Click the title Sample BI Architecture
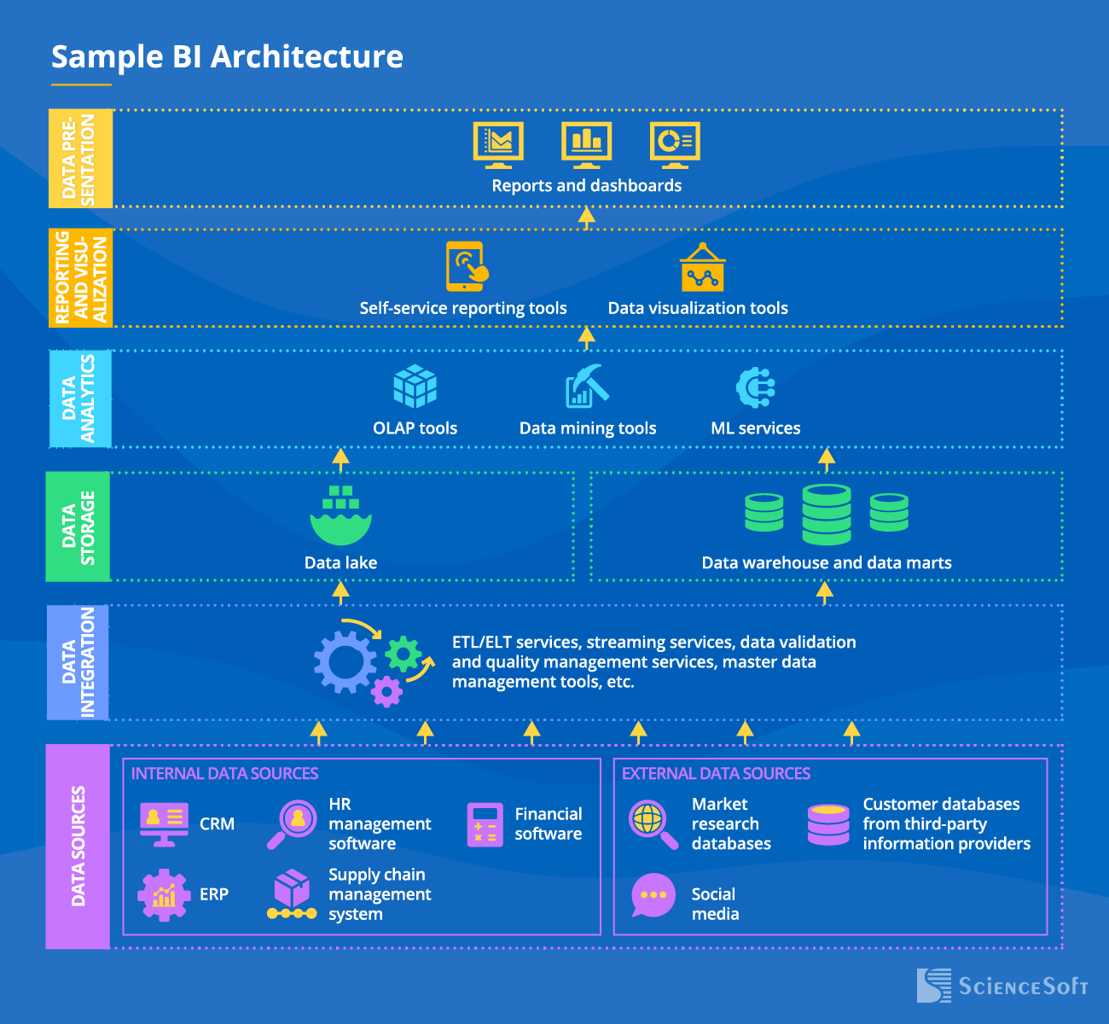(x=227, y=56)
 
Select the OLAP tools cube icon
(x=415, y=387)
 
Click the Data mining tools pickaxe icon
(x=587, y=387)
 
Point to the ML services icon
(x=755, y=387)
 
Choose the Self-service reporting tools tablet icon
(x=467, y=266)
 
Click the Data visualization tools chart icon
(x=702, y=268)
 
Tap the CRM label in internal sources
(x=217, y=823)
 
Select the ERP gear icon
(x=164, y=894)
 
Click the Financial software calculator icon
(x=485, y=824)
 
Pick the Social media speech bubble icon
(x=653, y=895)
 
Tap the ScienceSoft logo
(x=1002, y=986)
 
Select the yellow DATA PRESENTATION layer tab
(x=80, y=159)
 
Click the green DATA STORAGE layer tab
(x=78, y=527)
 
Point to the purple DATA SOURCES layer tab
(x=78, y=846)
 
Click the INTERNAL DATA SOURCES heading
(x=224, y=773)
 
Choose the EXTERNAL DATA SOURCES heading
(x=716, y=773)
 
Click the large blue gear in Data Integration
(x=345, y=662)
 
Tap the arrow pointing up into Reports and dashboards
(x=586, y=218)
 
